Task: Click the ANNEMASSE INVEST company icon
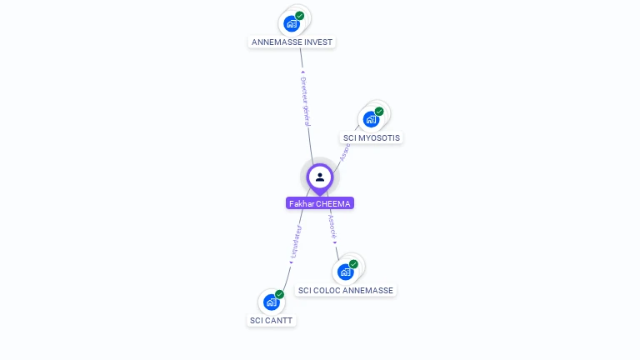pos(291,23)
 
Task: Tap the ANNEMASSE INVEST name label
pos(292,42)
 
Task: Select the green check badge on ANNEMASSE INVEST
pos(300,16)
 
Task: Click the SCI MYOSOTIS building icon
pos(371,119)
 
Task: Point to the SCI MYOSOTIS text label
pos(372,137)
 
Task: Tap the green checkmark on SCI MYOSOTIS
pos(379,112)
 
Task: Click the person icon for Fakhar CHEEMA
pos(320,177)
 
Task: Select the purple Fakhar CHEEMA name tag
pos(320,203)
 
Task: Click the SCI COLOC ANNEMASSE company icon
pos(345,272)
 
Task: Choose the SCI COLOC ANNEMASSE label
pos(346,290)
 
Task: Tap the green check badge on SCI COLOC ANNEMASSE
pos(354,264)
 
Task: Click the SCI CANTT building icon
pos(271,302)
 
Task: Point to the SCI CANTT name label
pos(272,320)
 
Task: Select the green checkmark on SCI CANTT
pos(279,294)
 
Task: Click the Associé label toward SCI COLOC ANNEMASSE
pos(331,224)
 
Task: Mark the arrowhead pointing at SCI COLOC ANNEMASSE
pos(336,243)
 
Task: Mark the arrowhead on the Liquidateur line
pos(291,262)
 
